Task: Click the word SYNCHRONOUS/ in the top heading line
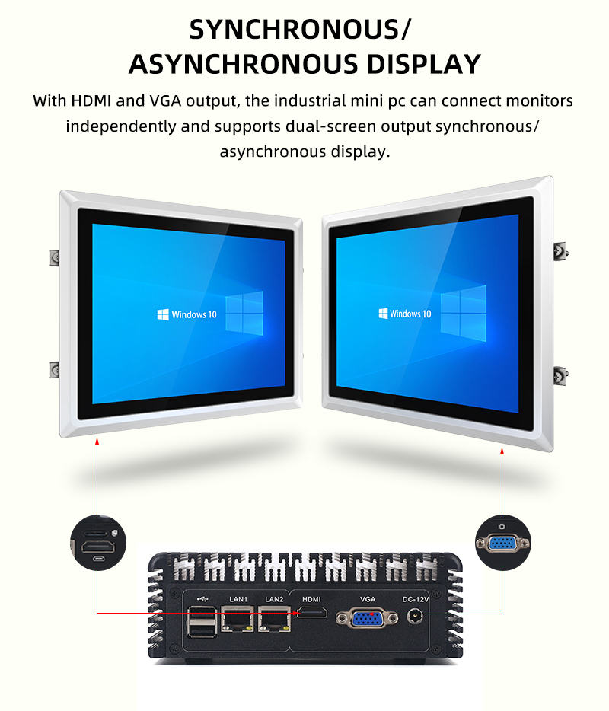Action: [300, 29]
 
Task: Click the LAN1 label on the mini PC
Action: [238, 599]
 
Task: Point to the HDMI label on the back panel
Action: [312, 599]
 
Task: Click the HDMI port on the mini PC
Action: [312, 614]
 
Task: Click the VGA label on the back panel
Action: [368, 599]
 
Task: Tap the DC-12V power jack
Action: [416, 616]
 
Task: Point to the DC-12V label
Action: [416, 599]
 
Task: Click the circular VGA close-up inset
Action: [502, 543]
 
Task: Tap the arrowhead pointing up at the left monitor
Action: [97, 441]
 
